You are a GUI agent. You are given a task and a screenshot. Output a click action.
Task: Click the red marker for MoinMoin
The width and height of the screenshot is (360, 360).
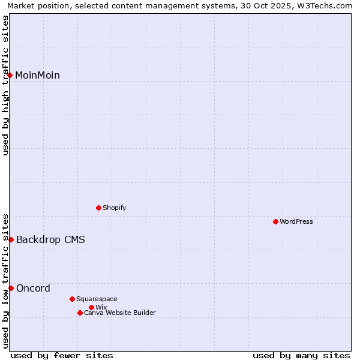(x=10, y=75)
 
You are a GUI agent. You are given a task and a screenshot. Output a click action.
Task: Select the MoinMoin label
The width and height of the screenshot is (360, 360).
(x=37, y=76)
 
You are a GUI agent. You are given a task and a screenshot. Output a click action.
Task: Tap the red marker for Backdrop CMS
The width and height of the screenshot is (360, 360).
(x=11, y=239)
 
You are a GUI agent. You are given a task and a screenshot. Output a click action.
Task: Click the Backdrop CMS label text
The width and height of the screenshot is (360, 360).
(x=50, y=240)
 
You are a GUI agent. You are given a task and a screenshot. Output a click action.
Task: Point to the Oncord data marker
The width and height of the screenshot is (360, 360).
(x=11, y=288)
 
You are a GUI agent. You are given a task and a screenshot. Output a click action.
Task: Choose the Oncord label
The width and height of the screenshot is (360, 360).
(x=33, y=289)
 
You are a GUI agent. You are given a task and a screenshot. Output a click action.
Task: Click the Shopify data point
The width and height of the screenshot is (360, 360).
(x=98, y=208)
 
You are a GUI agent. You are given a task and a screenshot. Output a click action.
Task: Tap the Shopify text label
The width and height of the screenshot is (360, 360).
(x=114, y=208)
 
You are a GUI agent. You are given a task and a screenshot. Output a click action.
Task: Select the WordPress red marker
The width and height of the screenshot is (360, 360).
(x=275, y=221)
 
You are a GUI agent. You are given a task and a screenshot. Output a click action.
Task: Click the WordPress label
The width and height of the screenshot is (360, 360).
(x=296, y=222)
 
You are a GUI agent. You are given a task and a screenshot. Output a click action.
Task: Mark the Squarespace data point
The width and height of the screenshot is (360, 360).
(x=72, y=299)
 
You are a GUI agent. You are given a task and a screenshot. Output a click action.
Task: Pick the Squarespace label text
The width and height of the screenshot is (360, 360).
(x=97, y=299)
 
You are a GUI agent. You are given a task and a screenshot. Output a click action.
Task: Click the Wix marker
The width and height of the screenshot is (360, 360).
(x=91, y=307)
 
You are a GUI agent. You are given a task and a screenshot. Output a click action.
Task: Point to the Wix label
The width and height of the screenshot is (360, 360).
(x=101, y=308)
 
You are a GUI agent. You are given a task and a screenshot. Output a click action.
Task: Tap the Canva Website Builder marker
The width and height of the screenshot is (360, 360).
(x=80, y=313)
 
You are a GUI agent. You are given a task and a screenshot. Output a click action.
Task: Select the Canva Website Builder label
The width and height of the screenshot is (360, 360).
(x=120, y=313)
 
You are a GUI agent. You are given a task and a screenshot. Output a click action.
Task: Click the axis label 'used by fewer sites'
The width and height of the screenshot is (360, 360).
(x=62, y=355)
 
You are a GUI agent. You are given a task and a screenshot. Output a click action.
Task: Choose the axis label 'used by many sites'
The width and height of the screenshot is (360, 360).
(x=301, y=355)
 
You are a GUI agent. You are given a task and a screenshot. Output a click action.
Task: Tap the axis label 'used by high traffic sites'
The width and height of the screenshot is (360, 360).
(x=5, y=85)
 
